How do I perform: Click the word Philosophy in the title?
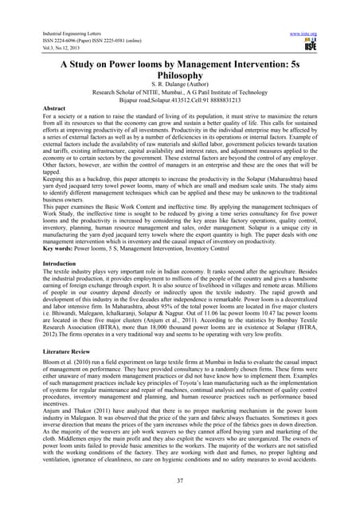[180, 72]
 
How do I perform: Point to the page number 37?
[180, 481]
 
